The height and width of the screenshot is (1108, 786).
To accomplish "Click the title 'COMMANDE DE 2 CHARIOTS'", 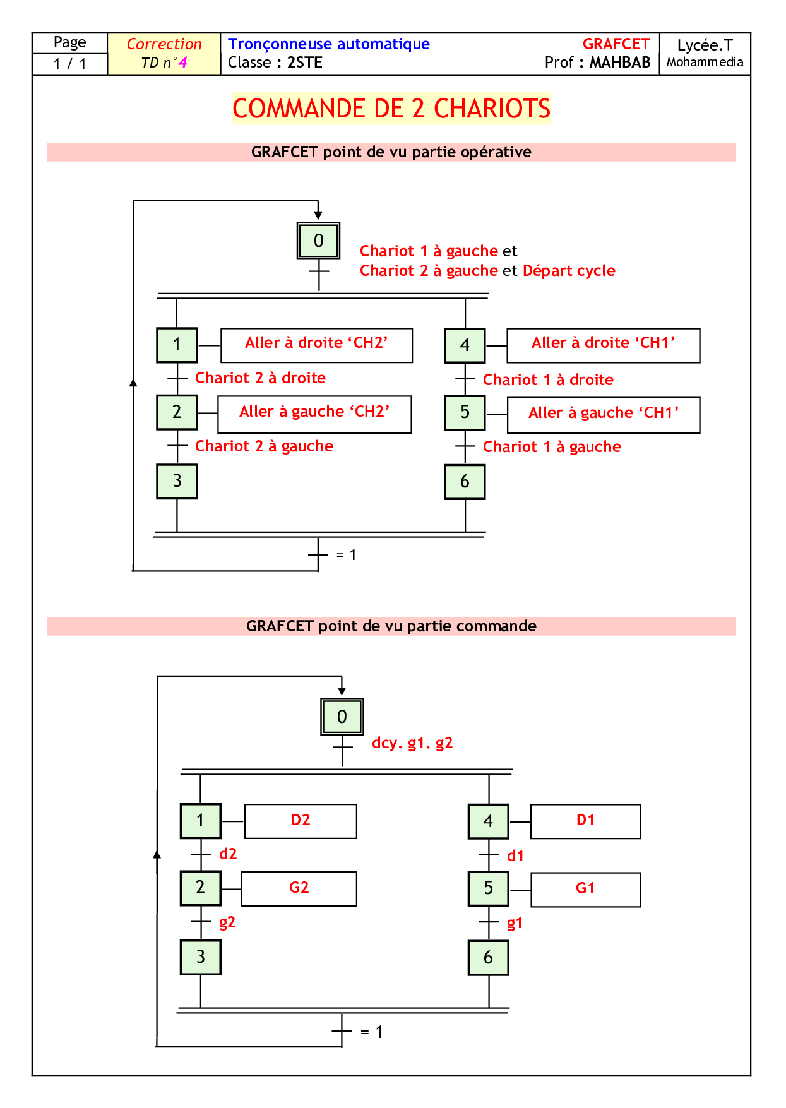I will pos(391,109).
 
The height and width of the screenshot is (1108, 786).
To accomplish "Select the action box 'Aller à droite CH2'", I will pos(316,345).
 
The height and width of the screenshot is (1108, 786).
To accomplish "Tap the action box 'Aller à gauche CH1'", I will pos(604,414).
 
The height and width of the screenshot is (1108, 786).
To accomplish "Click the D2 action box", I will pos(301,821).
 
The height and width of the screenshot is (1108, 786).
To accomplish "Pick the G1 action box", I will pos(585,889).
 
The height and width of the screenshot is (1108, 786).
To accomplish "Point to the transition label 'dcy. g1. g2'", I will pos(412,743).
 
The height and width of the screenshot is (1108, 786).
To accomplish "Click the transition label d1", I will pos(516,856).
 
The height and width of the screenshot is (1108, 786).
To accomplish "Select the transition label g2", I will pos(227,922).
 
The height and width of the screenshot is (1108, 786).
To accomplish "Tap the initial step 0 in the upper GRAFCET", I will pos(319,241).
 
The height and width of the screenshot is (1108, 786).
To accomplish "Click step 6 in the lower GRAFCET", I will pos(488,957).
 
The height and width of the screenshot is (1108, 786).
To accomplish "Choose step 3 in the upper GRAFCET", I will pos(177,481).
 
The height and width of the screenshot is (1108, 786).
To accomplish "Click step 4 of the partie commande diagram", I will pos(488,821).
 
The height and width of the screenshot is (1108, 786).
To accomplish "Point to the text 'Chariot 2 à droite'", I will pos(260,378).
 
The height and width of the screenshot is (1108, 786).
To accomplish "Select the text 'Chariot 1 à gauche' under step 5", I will pos(552,447).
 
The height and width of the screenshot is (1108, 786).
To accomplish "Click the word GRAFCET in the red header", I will pos(616,44).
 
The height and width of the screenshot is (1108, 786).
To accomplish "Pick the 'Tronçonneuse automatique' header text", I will pos(329,44).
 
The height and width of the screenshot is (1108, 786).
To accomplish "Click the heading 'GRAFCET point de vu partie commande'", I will pos(391,626).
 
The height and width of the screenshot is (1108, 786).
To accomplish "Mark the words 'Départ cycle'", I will pos(569,271).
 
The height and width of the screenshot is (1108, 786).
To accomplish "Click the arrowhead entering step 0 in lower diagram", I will pos(342,691).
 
